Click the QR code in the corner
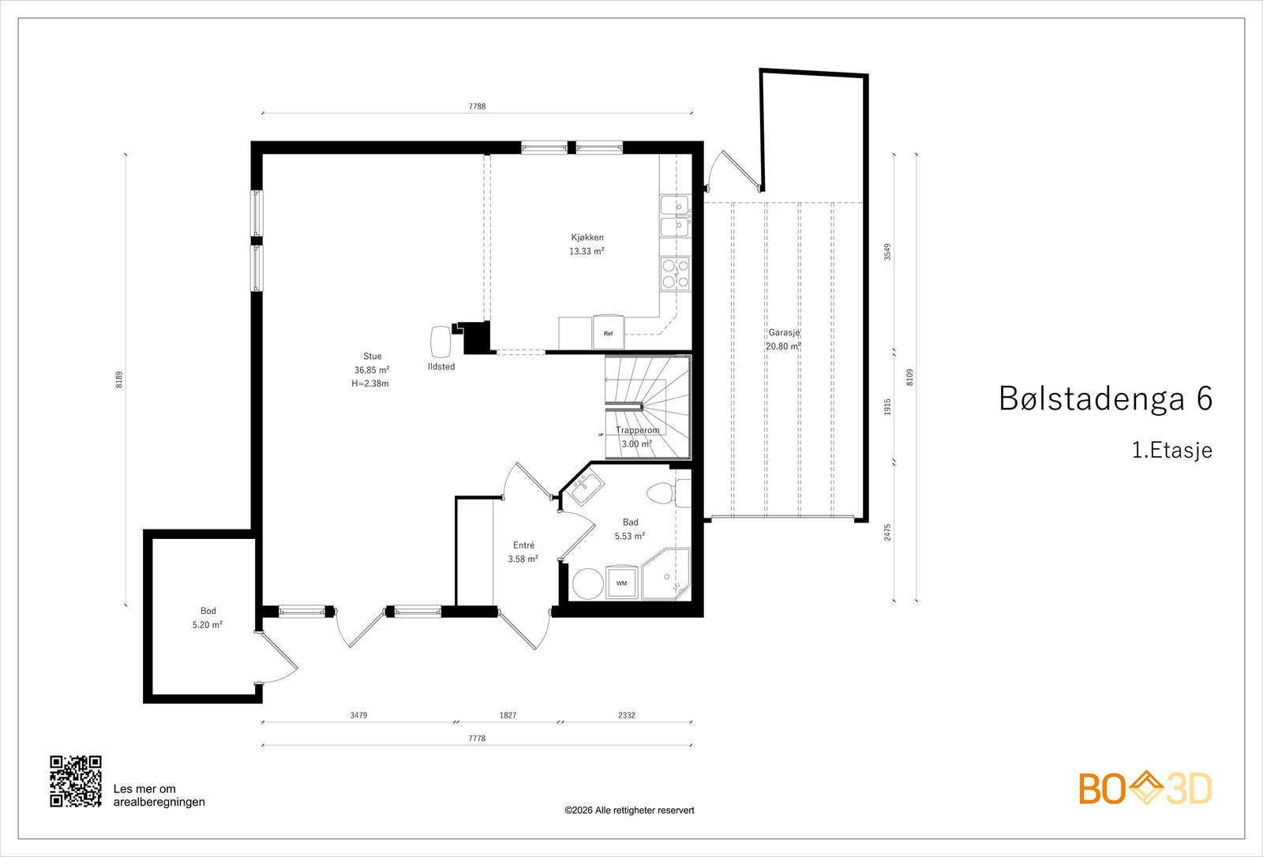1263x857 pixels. point(76,781)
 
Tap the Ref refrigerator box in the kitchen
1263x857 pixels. point(609,333)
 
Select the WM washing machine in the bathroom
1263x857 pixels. point(621,582)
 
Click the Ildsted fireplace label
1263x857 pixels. point(441,367)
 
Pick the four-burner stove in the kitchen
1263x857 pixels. point(675,274)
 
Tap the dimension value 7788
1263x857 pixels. point(477,106)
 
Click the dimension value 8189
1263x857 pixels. point(119,380)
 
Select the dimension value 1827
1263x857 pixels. point(508,715)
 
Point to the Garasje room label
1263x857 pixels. point(784,333)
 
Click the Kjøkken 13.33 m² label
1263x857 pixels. point(587,244)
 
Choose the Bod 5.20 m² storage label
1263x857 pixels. point(208,617)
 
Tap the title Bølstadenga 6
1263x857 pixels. point(1105,399)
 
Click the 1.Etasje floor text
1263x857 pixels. point(1171,451)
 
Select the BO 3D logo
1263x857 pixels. point(1145,788)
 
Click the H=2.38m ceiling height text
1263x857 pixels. point(370,384)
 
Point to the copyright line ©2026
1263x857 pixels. point(629,810)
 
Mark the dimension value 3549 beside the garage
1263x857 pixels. point(887,252)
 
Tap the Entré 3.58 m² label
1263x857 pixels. point(523,552)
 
